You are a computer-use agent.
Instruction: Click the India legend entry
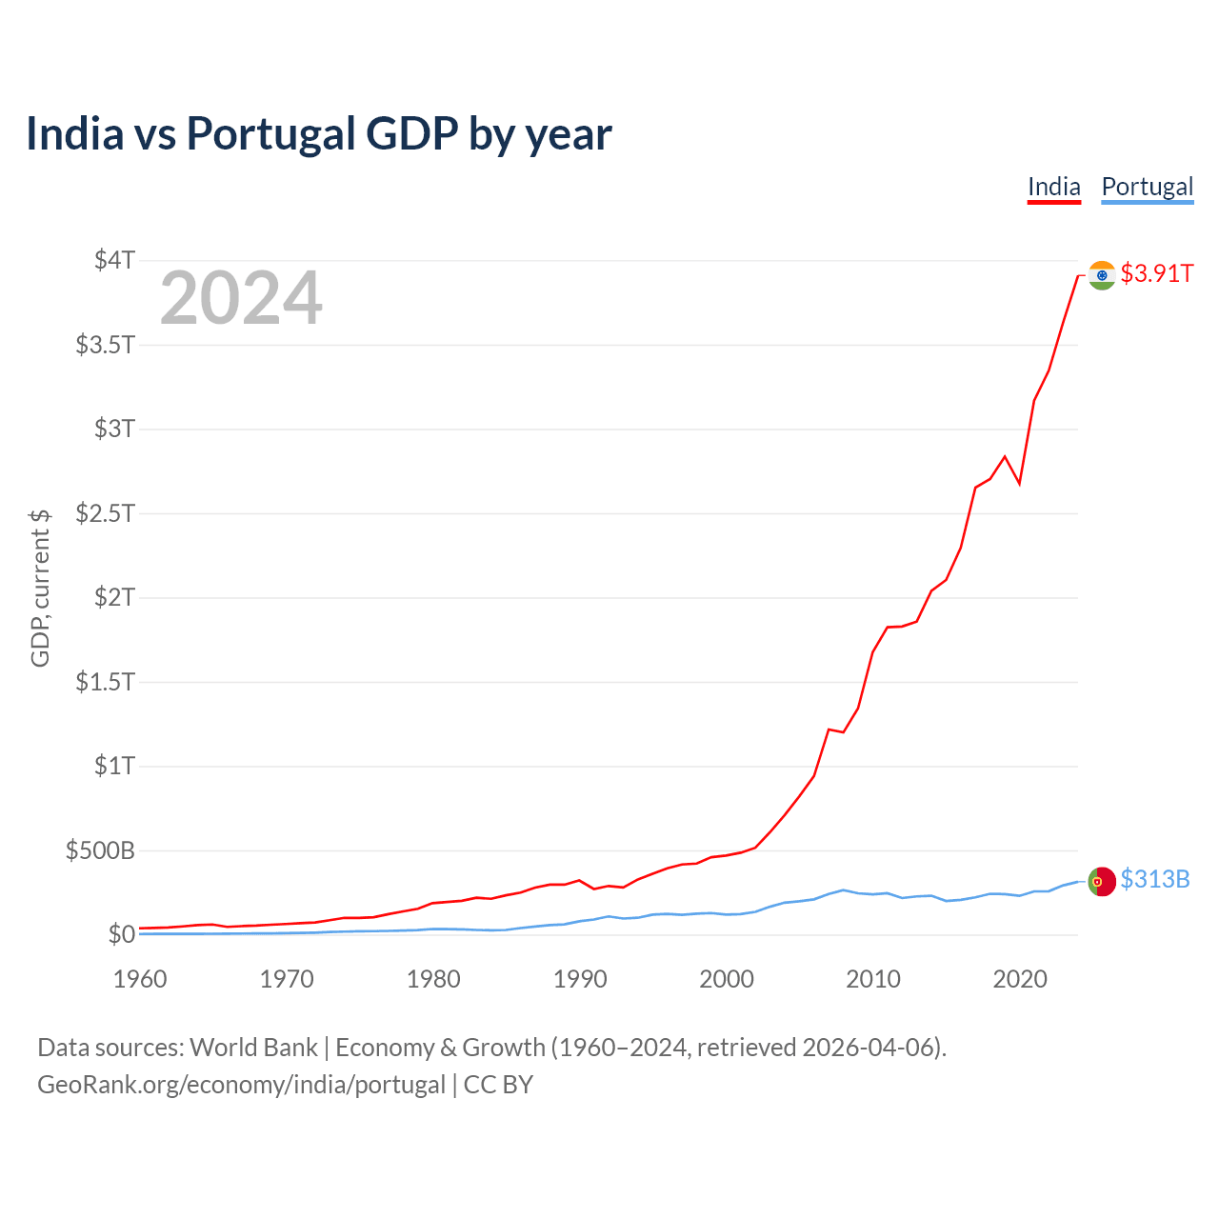pyautogui.click(x=1053, y=188)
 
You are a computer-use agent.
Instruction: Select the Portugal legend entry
pyautogui.click(x=1147, y=188)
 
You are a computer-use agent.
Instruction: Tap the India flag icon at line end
pyautogui.click(x=1102, y=275)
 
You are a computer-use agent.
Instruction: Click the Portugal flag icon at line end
pyautogui.click(x=1102, y=882)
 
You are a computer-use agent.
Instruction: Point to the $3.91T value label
pyautogui.click(x=1156, y=274)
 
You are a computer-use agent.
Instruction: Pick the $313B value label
pyautogui.click(x=1155, y=879)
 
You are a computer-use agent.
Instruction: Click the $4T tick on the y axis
pyautogui.click(x=114, y=260)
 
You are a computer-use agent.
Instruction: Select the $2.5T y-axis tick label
pyautogui.click(x=105, y=513)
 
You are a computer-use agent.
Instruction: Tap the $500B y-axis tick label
pyautogui.click(x=100, y=850)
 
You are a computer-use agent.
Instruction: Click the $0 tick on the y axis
pyautogui.click(x=121, y=934)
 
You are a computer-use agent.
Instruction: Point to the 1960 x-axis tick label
pyautogui.click(x=140, y=979)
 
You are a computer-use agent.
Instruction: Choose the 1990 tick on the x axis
pyautogui.click(x=580, y=979)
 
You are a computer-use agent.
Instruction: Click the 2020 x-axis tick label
pyautogui.click(x=1020, y=979)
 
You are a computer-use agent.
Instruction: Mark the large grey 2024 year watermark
pyautogui.click(x=241, y=299)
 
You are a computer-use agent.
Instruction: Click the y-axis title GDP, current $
pyautogui.click(x=40, y=588)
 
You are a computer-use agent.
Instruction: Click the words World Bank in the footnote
pyautogui.click(x=253, y=1048)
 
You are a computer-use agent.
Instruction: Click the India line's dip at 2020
pyautogui.click(x=1019, y=484)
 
